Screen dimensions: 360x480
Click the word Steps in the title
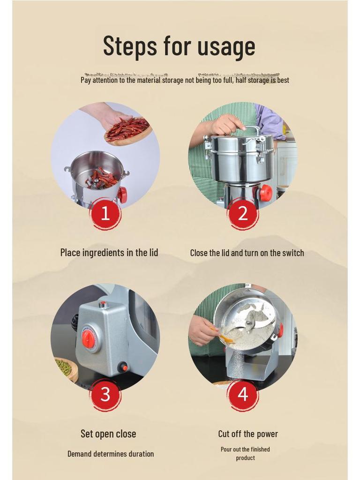[130, 45]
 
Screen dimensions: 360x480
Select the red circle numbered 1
[105, 213]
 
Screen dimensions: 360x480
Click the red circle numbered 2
[242, 213]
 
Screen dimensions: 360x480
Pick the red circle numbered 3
[105, 394]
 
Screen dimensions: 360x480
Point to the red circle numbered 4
[242, 394]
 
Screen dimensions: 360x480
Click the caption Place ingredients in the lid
[109, 253]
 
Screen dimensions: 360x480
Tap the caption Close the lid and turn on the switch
[247, 253]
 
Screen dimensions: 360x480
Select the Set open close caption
[108, 434]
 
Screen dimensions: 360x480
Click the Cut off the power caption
[248, 434]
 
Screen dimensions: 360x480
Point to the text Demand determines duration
[111, 454]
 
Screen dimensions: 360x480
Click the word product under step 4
[245, 458]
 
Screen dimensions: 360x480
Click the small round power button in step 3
[123, 367]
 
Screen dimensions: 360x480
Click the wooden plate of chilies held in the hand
[128, 131]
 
